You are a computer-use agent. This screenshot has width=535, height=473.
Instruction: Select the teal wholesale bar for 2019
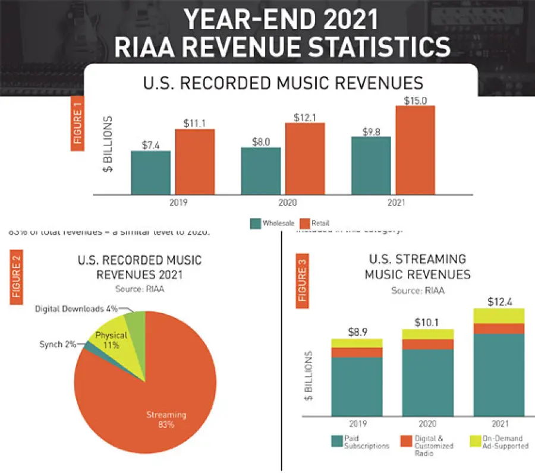point(150,172)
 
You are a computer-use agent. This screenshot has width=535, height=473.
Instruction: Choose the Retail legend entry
point(317,223)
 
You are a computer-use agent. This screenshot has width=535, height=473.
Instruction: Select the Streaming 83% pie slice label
point(166,420)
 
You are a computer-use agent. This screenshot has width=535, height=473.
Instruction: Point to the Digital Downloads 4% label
point(76,309)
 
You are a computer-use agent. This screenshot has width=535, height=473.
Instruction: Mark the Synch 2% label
point(58,345)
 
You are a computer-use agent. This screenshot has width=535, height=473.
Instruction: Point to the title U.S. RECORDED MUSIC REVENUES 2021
point(140,267)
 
